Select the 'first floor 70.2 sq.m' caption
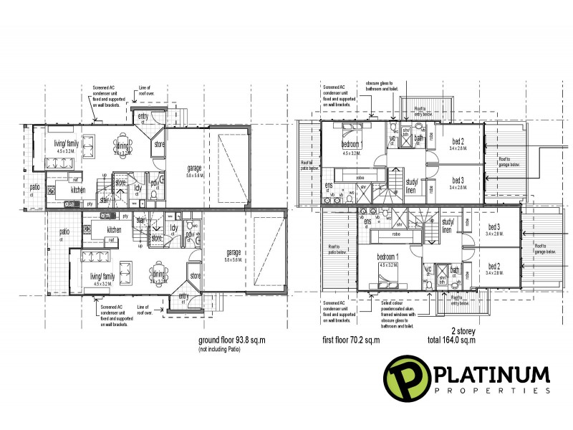350,341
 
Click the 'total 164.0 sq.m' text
430,341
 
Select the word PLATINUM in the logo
491,375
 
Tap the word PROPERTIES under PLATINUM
491,391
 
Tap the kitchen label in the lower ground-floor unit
114,229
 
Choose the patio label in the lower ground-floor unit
64,234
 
